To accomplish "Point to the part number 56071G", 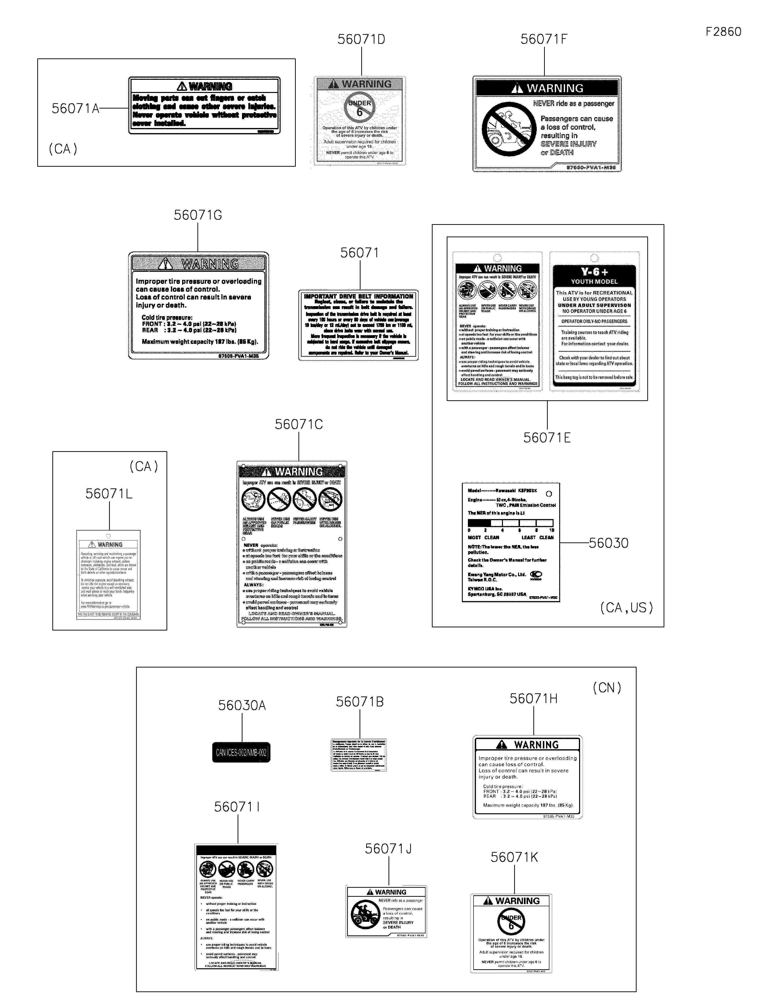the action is tap(198, 215).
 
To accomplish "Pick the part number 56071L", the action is tap(109, 494).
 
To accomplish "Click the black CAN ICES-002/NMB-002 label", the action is tap(241, 753).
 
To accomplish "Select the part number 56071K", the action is tap(514, 857).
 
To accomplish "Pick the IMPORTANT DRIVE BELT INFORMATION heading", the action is tap(358, 296).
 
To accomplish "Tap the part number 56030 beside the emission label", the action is tap(609, 543).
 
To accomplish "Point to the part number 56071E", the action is tap(547, 438).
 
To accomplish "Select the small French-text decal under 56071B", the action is tap(359, 755).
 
